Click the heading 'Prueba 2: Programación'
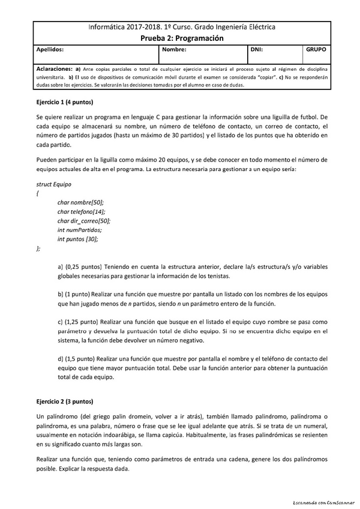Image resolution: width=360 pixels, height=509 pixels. tap(181, 38)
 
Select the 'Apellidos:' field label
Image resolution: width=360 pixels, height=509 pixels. tap(50, 50)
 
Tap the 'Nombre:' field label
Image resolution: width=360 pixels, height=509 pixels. tap(173, 50)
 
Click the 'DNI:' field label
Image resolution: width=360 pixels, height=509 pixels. tap(257, 50)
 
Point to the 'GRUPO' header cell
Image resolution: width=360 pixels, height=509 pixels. tap(316, 50)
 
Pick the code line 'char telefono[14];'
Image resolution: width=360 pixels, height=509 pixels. tap(81, 212)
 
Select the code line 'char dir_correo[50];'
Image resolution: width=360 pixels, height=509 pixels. tap(84, 221)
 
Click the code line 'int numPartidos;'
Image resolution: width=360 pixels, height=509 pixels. tap(79, 230)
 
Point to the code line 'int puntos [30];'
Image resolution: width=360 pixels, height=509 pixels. tap(77, 239)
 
